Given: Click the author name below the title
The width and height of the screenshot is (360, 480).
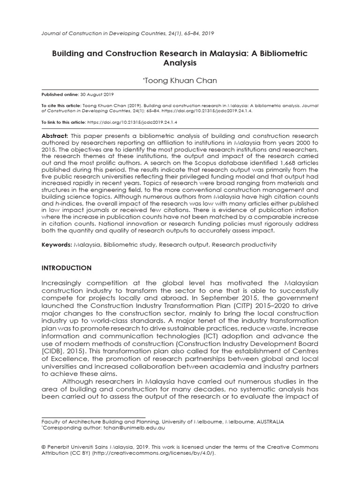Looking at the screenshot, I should (180, 81).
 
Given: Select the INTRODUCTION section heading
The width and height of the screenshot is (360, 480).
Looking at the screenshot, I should (67, 268).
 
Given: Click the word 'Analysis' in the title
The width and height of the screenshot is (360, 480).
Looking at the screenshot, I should (180, 62).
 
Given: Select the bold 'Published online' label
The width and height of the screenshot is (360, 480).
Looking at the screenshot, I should (60, 94).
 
